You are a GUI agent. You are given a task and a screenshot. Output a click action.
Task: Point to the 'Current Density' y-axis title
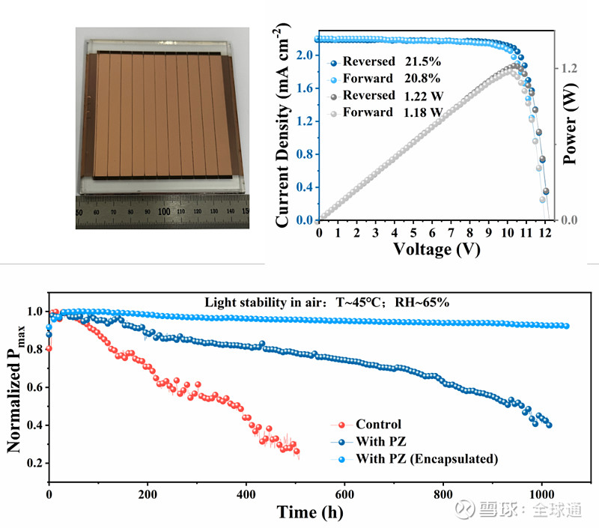tap(284, 127)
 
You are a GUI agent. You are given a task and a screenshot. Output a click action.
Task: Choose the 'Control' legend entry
tap(378, 424)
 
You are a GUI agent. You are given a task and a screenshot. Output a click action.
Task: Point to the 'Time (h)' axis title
tap(306, 512)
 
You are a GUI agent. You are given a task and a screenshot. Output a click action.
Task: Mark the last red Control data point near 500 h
tap(297, 452)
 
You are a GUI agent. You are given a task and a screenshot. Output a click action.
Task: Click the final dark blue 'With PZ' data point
tap(549, 425)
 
